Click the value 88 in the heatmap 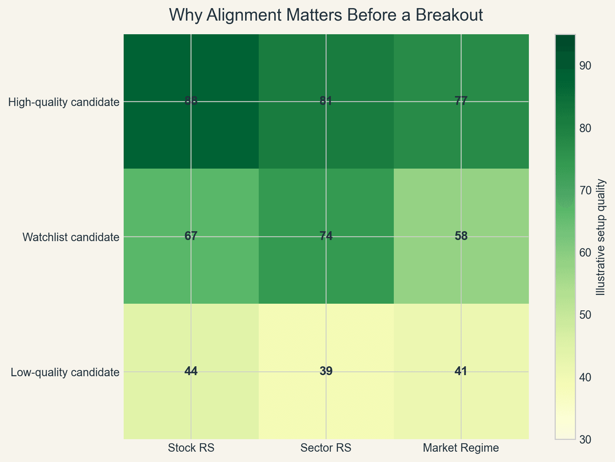(x=191, y=101)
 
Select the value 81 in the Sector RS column (x=326, y=101)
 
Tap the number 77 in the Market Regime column (x=461, y=101)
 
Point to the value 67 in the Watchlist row (x=191, y=236)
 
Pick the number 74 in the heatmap (x=326, y=236)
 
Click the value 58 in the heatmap (x=461, y=236)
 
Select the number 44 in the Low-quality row (x=191, y=371)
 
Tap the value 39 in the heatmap (x=326, y=371)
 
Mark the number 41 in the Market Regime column (x=461, y=371)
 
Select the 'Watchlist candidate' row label (x=71, y=237)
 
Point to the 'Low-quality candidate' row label (x=65, y=372)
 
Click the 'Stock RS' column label (x=191, y=448)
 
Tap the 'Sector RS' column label (x=326, y=448)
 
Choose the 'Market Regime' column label (x=461, y=448)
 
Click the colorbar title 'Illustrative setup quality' (x=600, y=237)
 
